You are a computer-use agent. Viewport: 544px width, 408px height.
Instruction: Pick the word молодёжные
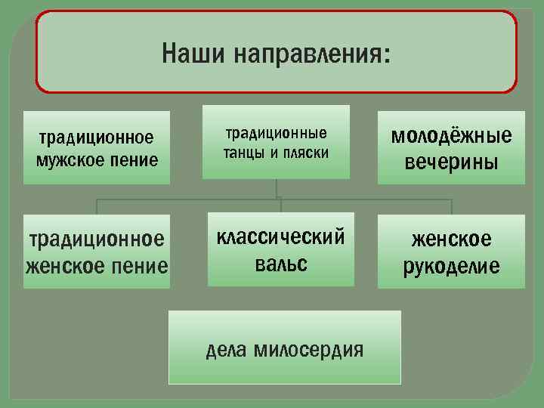pos(451,136)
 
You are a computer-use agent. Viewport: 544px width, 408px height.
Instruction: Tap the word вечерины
pos(451,162)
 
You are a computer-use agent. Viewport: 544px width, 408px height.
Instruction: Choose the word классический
pos(280,236)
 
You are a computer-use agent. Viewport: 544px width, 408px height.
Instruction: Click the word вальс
pos(280,264)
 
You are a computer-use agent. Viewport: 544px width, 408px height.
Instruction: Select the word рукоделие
pos(451,267)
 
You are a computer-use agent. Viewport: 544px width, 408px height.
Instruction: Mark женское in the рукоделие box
pos(451,240)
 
